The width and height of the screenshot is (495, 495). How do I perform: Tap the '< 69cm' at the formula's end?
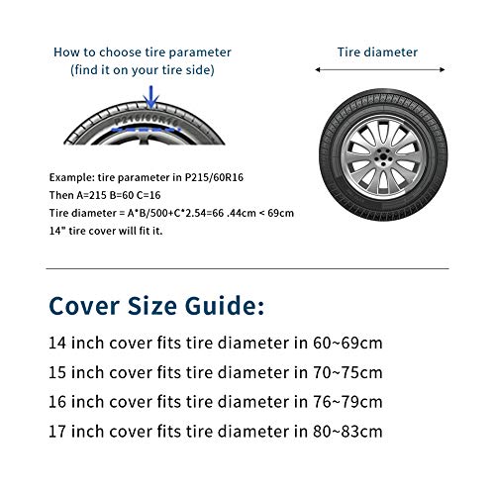point(278,211)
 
